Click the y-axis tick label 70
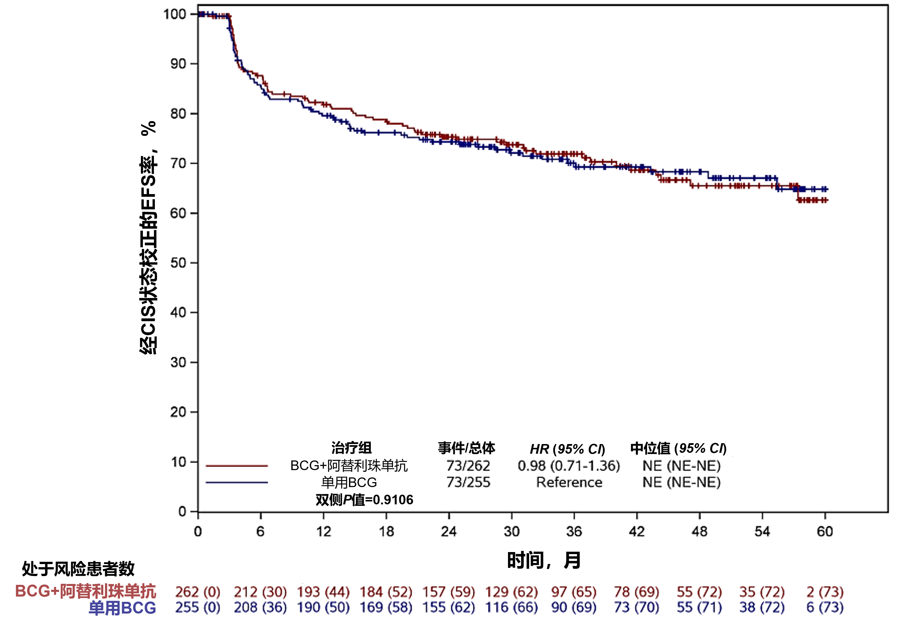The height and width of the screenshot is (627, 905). pos(178,163)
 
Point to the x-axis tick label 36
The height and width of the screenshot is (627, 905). pos(574,532)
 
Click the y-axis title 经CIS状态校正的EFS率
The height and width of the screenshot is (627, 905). pos(148,238)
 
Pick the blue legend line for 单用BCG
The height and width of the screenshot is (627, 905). pos(237,482)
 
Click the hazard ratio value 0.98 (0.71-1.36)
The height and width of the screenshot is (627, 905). pos(569,466)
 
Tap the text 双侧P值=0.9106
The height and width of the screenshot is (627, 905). pos(364,500)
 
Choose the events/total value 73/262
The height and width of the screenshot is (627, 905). pos(468,466)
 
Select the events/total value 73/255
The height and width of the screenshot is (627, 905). pos(468,482)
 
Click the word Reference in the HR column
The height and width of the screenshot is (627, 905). pos(569,482)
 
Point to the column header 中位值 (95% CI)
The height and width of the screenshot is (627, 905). pos(678,448)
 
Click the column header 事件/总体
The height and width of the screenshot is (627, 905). pos(466,448)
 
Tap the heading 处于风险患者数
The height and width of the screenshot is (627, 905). pos(78,568)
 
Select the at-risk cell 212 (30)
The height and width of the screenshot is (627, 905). pos(260,592)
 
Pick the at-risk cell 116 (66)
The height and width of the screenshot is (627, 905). pos(511,607)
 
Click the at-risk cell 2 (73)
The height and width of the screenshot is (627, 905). pos(825,592)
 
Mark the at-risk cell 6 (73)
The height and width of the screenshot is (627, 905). pos(825,607)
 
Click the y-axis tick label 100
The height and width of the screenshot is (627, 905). pos(175,14)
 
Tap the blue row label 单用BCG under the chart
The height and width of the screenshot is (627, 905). pos(122,608)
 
